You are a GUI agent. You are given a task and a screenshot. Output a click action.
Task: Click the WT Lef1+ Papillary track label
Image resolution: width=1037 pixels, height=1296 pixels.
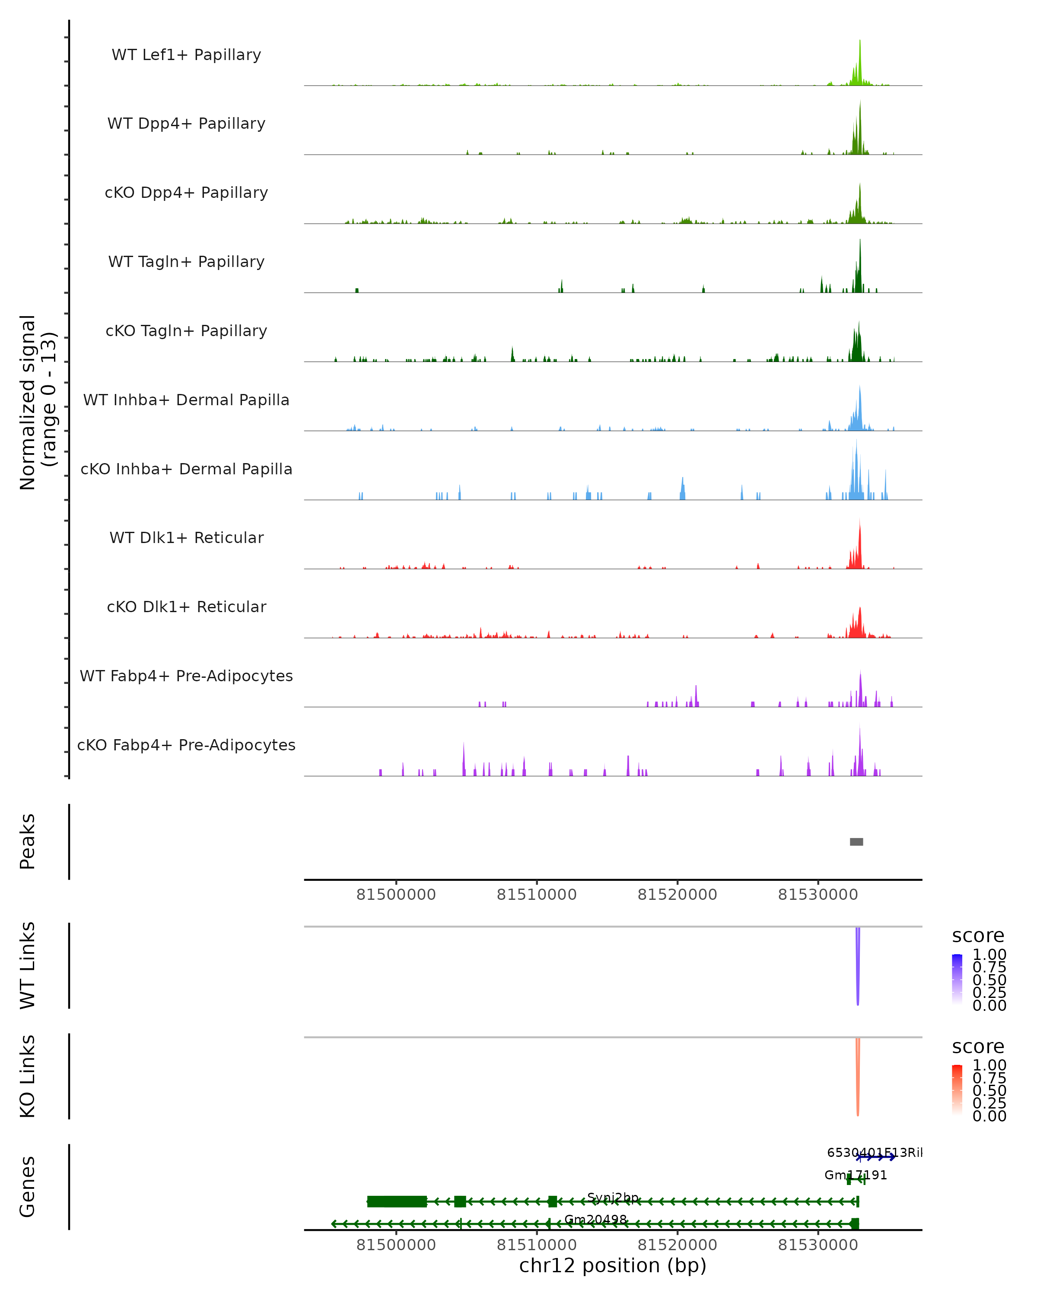coord(186,55)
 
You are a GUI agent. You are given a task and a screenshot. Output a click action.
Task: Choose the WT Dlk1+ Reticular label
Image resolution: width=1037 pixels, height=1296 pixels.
coord(186,537)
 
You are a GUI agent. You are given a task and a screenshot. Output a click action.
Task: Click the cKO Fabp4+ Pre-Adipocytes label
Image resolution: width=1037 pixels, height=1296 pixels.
coord(186,745)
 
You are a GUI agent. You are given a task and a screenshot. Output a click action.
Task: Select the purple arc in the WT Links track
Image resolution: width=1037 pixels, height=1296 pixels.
coord(858,968)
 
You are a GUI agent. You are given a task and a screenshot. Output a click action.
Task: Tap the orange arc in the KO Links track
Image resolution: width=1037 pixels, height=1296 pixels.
coord(858,1079)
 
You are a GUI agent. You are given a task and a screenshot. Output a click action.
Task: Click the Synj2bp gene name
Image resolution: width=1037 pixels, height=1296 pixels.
coord(613,1198)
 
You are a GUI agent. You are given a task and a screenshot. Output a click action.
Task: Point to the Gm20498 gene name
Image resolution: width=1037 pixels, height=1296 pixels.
coord(595,1220)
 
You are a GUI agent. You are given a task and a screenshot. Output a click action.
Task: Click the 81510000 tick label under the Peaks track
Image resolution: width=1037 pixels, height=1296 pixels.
coord(536,895)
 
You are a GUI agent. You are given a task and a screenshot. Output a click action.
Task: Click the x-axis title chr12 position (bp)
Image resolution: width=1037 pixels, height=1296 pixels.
coord(613,1265)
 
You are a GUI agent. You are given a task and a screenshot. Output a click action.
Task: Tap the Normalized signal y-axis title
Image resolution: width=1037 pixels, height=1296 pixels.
coord(37,402)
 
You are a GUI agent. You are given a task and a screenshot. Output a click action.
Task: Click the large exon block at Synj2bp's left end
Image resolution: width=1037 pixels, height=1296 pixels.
coord(397,1202)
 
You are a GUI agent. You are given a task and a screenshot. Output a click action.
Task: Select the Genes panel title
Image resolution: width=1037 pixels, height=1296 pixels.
coord(28,1187)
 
